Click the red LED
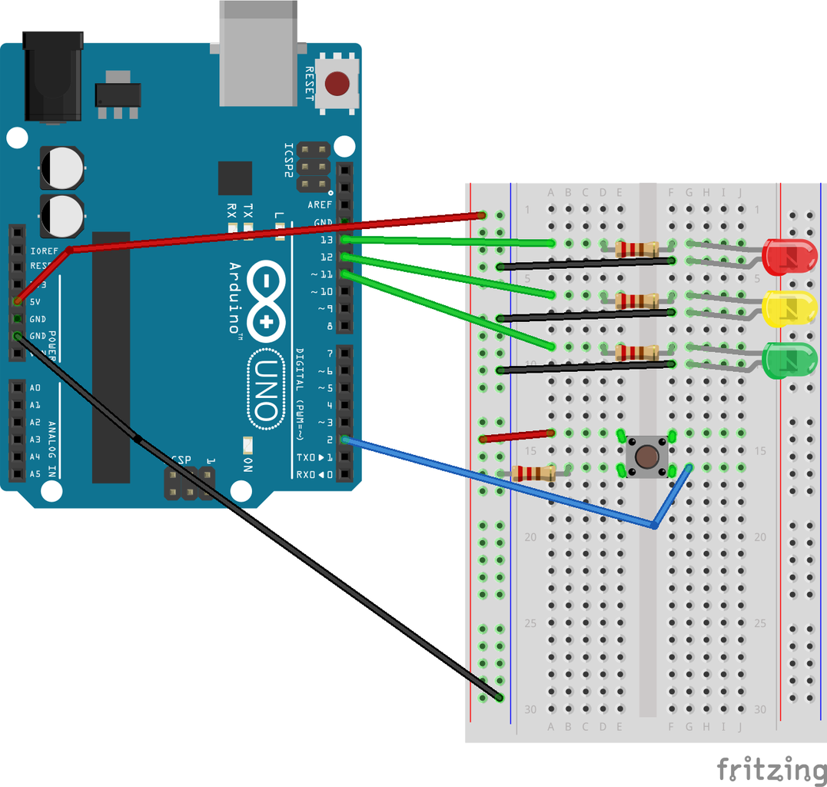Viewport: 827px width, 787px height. click(x=788, y=257)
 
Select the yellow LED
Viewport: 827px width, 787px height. click(x=788, y=308)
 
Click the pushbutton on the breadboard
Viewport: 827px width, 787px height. click(x=646, y=456)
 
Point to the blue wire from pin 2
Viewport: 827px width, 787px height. click(x=500, y=483)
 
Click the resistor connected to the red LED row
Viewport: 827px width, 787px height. click(x=637, y=248)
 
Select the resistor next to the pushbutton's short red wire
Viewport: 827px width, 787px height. click(x=533, y=473)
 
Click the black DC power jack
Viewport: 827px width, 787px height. click(x=53, y=77)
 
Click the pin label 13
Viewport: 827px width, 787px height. click(x=326, y=240)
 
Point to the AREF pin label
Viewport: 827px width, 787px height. click(x=320, y=205)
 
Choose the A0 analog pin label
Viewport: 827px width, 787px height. click(x=35, y=387)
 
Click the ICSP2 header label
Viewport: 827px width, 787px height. click(x=288, y=159)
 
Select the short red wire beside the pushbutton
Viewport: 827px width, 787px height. click(x=516, y=437)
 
